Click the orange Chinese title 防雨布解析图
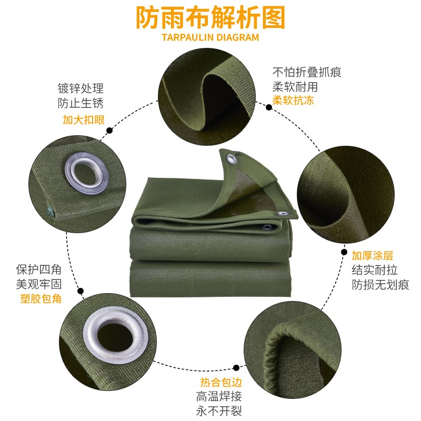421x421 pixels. click(210, 18)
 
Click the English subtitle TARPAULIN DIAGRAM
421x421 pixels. click(210, 37)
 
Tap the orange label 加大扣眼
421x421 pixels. click(84, 120)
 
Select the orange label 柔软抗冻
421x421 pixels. click(293, 101)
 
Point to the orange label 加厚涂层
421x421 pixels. click(373, 255)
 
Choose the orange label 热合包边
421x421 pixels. click(221, 382)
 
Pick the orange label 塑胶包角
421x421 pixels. click(41, 298)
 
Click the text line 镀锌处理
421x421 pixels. click(81, 88)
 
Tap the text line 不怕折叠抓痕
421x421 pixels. click(307, 72)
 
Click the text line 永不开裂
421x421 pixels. click(219, 411)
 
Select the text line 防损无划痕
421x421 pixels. click(380, 285)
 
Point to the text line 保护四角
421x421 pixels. click(39, 269)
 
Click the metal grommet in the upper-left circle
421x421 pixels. click(87, 173)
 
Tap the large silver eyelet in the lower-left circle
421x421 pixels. click(116, 337)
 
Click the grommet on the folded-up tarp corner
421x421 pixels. click(231, 159)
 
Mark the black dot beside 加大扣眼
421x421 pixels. click(109, 131)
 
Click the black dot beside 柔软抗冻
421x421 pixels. click(269, 107)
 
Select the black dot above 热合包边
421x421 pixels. click(236, 367)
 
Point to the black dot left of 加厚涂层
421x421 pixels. click(344, 252)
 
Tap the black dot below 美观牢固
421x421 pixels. click(81, 291)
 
